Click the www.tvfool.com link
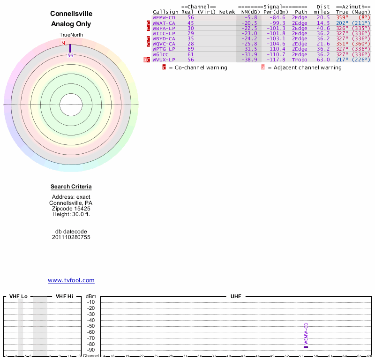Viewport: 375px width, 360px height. [71, 280]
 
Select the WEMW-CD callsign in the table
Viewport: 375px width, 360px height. [164, 17]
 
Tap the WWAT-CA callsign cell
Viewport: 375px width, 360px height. [164, 23]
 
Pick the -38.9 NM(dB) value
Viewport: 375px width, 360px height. [249, 60]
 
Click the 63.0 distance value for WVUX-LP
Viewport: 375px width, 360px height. [323, 60]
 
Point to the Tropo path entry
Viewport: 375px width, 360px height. [300, 60]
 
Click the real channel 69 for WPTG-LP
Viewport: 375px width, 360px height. [190, 49]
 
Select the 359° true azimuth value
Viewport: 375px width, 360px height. [342, 17]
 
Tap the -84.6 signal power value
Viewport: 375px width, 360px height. [277, 17]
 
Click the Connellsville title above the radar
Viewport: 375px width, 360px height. [71, 14]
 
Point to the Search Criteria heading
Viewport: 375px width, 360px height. [71, 187]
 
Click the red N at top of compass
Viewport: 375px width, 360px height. [63, 43]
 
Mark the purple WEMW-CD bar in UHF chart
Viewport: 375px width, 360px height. [306, 347]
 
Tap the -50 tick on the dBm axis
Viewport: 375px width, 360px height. [91, 326]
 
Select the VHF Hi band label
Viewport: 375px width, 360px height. [64, 296]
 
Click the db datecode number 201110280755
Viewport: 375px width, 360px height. [71, 237]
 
